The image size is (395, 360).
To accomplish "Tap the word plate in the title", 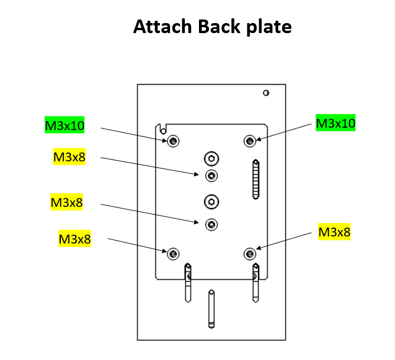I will click(x=269, y=27).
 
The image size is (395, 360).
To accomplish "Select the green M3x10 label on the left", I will click(x=65, y=125).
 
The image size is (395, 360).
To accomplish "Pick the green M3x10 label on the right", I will click(x=335, y=123).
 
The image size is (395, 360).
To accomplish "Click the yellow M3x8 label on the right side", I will click(x=334, y=232).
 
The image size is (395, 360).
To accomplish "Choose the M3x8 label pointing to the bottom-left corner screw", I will click(x=74, y=239).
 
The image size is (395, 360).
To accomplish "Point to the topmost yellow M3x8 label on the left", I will click(x=69, y=157).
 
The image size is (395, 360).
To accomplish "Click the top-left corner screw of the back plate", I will click(x=172, y=141).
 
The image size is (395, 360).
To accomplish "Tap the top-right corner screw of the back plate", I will click(x=250, y=141).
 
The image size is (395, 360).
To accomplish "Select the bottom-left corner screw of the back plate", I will click(x=172, y=254).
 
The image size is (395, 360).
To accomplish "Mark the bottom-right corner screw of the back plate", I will click(x=250, y=254).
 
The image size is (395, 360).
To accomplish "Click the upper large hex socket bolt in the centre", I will click(x=211, y=158).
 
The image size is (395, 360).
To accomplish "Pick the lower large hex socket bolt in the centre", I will click(x=211, y=202).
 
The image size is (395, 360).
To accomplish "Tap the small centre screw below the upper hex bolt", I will click(x=211, y=176).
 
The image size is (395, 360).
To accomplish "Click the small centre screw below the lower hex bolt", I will click(x=211, y=224).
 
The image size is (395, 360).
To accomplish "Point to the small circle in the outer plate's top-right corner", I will click(x=266, y=93).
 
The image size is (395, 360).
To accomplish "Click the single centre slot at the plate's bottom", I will click(x=211, y=309).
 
